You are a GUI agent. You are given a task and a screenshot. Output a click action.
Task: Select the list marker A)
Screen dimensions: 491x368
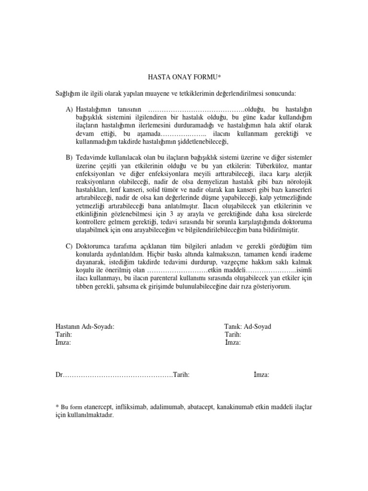coord(69,110)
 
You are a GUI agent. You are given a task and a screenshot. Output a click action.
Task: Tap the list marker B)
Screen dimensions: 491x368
coord(69,157)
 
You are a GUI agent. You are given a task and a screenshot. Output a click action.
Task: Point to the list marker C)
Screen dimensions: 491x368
coord(69,246)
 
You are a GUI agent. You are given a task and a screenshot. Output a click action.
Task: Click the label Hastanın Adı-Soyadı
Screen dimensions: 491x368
coord(85,327)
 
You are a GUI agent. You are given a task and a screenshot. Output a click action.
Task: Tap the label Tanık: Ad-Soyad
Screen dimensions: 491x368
coord(248,327)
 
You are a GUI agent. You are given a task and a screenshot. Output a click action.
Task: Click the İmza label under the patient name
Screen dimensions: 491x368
coord(64,342)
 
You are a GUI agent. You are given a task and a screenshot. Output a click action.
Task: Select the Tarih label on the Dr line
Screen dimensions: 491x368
coord(182,374)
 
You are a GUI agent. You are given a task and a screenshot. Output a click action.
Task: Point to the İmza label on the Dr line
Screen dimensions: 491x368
coord(261,374)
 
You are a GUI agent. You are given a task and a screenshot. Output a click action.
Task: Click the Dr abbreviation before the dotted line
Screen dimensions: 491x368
coord(59,374)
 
